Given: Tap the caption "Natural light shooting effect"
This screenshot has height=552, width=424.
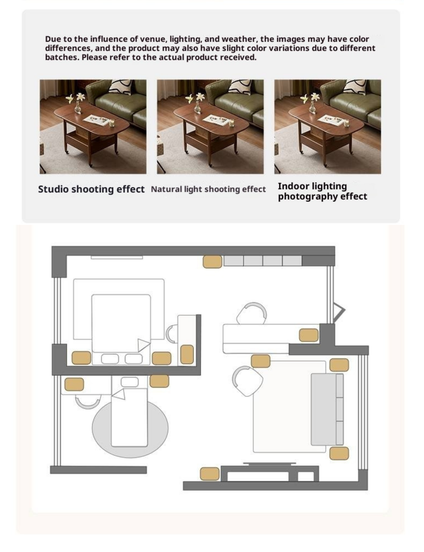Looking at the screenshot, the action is point(208,189).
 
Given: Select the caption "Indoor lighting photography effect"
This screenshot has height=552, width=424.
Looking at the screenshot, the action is point(322,191).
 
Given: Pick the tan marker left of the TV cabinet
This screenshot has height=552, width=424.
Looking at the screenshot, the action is point(210,474).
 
